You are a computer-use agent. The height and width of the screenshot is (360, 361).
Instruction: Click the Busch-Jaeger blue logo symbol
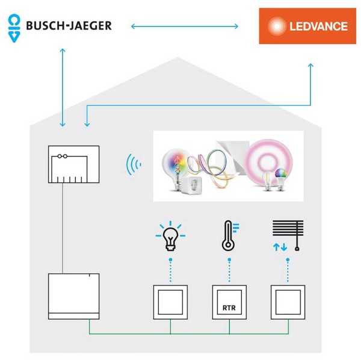pyautogui.click(x=14, y=28)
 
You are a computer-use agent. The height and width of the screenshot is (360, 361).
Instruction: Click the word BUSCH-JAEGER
pyautogui.click(x=69, y=25)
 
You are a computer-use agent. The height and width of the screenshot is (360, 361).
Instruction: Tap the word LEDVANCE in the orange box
pyautogui.click(x=319, y=26)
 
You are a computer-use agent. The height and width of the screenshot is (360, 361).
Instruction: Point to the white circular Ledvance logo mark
pyautogui.click(x=277, y=26)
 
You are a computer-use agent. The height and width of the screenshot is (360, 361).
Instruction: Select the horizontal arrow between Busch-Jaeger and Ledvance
pyautogui.click(x=185, y=26)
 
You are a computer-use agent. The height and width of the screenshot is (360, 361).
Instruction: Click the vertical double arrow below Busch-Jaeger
pyautogui.click(x=63, y=87)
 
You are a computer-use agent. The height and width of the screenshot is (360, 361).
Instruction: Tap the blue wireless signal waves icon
pyautogui.click(x=134, y=164)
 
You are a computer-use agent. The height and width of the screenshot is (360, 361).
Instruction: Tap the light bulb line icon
pyautogui.click(x=170, y=236)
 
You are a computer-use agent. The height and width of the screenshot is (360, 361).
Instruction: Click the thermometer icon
pyautogui.click(x=230, y=235)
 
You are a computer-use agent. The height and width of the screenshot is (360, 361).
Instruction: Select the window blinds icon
pyautogui.click(x=288, y=235)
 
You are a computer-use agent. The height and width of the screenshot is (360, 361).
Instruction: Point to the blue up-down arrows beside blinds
pyautogui.click(x=280, y=247)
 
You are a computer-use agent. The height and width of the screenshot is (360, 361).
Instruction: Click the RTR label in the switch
pyautogui.click(x=229, y=308)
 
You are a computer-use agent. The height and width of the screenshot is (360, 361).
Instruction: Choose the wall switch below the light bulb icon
pyautogui.click(x=170, y=302)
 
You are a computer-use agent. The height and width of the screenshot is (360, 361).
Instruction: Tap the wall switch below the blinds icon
pyautogui.click(x=288, y=302)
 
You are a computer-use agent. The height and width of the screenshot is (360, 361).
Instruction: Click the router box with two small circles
pyautogui.click(x=73, y=164)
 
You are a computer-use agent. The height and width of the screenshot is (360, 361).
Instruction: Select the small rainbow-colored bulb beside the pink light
pyautogui.click(x=281, y=179)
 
